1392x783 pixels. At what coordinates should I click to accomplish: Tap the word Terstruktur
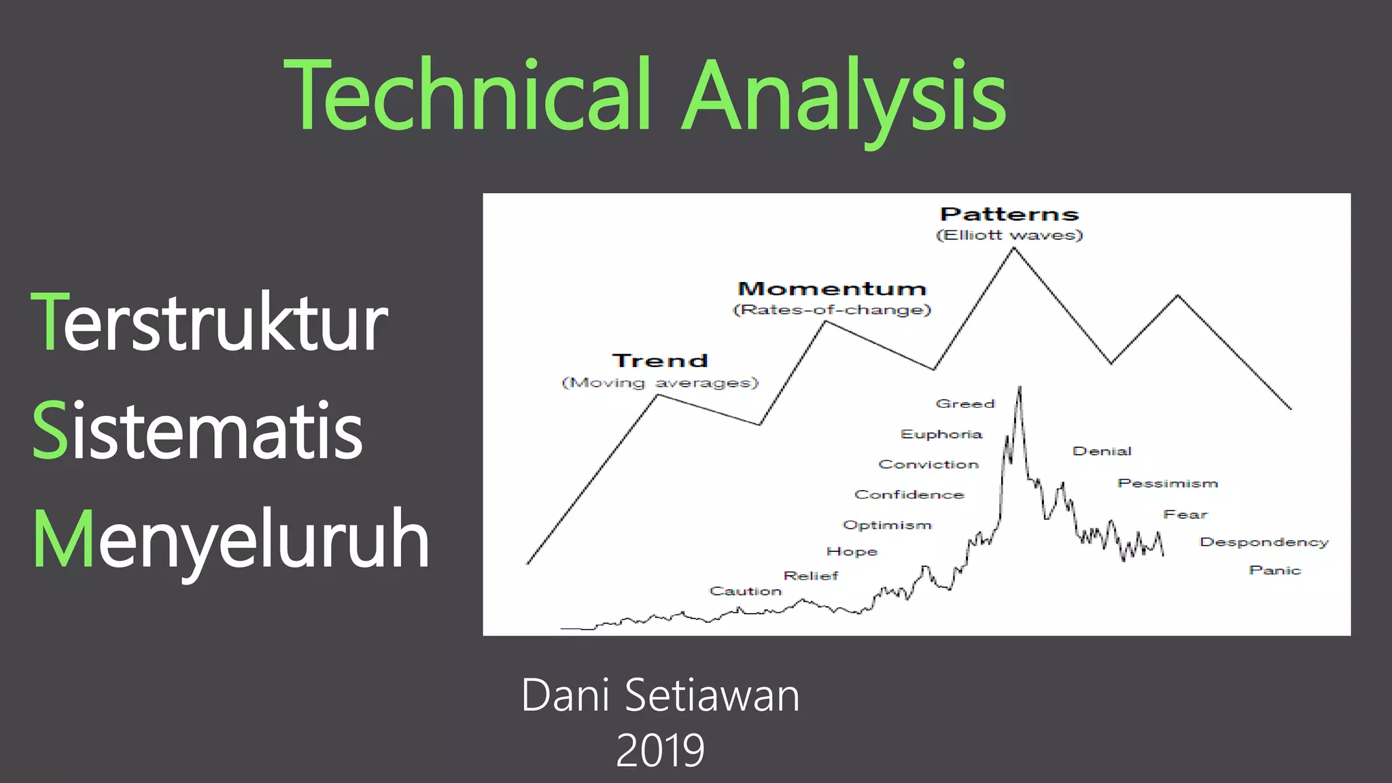(209, 322)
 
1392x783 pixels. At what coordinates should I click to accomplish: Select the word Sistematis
(197, 431)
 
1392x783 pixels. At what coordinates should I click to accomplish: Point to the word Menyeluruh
(231, 540)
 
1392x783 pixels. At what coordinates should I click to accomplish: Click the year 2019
(660, 750)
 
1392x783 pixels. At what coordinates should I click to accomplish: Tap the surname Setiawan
(712, 695)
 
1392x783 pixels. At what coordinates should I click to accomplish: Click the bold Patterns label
(1009, 214)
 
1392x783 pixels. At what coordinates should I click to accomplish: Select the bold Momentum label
(832, 289)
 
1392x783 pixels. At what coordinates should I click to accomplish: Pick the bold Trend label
(660, 361)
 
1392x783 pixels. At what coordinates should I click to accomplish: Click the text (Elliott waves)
(1009, 235)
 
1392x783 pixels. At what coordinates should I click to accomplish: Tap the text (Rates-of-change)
(832, 310)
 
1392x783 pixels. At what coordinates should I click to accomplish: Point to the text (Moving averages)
(660, 383)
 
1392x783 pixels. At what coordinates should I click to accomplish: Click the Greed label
(965, 404)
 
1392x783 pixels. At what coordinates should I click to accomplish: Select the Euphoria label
(941, 434)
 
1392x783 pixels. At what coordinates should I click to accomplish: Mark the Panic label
(1274, 570)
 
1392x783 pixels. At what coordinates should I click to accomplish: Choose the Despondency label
(1264, 542)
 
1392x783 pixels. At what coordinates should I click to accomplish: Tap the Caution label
(746, 591)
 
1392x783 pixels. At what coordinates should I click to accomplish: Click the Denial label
(1102, 451)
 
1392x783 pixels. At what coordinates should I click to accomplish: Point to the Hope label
(852, 552)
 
